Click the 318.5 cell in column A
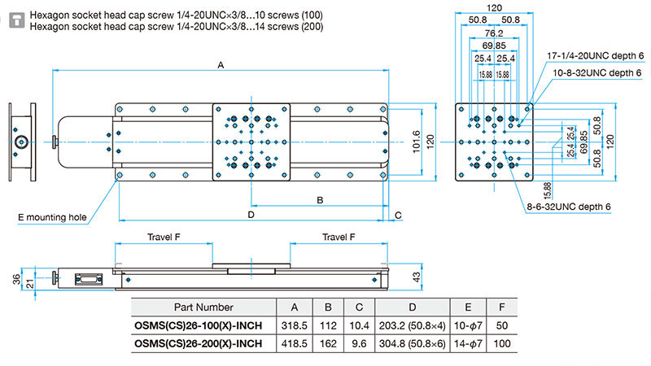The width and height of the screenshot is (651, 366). click(295, 326)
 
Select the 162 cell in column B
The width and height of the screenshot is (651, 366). click(328, 343)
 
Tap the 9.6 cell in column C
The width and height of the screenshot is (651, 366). click(359, 343)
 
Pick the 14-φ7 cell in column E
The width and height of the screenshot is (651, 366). click(468, 343)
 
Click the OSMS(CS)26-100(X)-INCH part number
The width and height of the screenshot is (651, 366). click(198, 326)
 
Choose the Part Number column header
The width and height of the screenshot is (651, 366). click(203, 307)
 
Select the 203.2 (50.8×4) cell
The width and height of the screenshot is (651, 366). click(412, 326)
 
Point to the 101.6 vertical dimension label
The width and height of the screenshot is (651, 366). click(417, 142)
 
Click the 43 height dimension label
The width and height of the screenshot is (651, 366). click(417, 277)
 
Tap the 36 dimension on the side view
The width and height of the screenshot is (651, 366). click(16, 279)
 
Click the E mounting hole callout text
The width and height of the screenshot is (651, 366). click(52, 217)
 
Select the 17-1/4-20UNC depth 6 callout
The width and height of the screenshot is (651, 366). click(595, 55)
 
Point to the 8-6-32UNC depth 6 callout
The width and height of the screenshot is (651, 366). click(568, 207)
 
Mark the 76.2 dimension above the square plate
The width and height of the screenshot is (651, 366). click(494, 33)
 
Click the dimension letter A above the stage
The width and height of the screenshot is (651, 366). click(221, 65)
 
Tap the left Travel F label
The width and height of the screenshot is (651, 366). click(164, 237)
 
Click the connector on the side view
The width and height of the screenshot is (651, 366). click(89, 279)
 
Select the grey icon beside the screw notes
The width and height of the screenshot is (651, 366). click(17, 20)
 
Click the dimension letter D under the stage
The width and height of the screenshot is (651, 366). click(251, 215)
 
